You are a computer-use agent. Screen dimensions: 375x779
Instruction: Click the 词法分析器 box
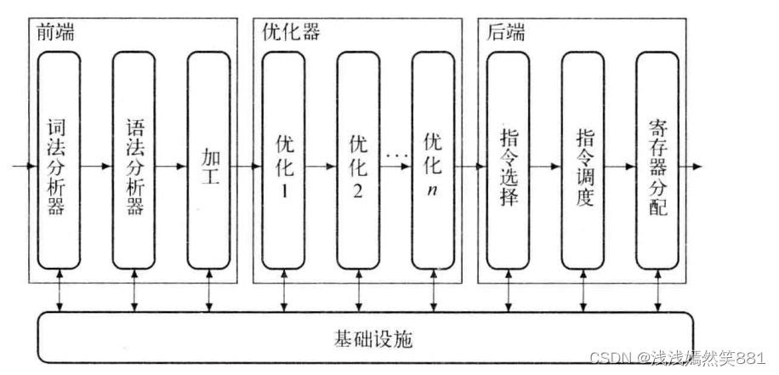point(59,162)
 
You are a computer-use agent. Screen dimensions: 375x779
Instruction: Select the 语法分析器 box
point(134,162)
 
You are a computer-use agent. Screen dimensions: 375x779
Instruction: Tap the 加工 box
point(209,162)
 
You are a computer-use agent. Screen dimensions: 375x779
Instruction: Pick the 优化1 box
point(284,162)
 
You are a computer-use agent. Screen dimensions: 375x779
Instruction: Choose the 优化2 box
point(358,162)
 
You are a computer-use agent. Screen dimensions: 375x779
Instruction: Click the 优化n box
point(433,162)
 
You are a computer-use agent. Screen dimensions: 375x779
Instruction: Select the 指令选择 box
point(509,162)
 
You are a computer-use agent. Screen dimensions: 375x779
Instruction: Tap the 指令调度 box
point(583,162)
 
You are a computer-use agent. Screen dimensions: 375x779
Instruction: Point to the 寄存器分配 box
point(657,162)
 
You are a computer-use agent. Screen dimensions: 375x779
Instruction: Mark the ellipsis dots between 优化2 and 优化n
point(394,155)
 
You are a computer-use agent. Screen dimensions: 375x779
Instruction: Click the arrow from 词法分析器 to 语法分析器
point(97,166)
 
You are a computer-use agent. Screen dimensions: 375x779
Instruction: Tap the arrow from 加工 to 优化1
point(247,166)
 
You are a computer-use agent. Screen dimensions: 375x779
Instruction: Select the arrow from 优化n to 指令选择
point(470,166)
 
